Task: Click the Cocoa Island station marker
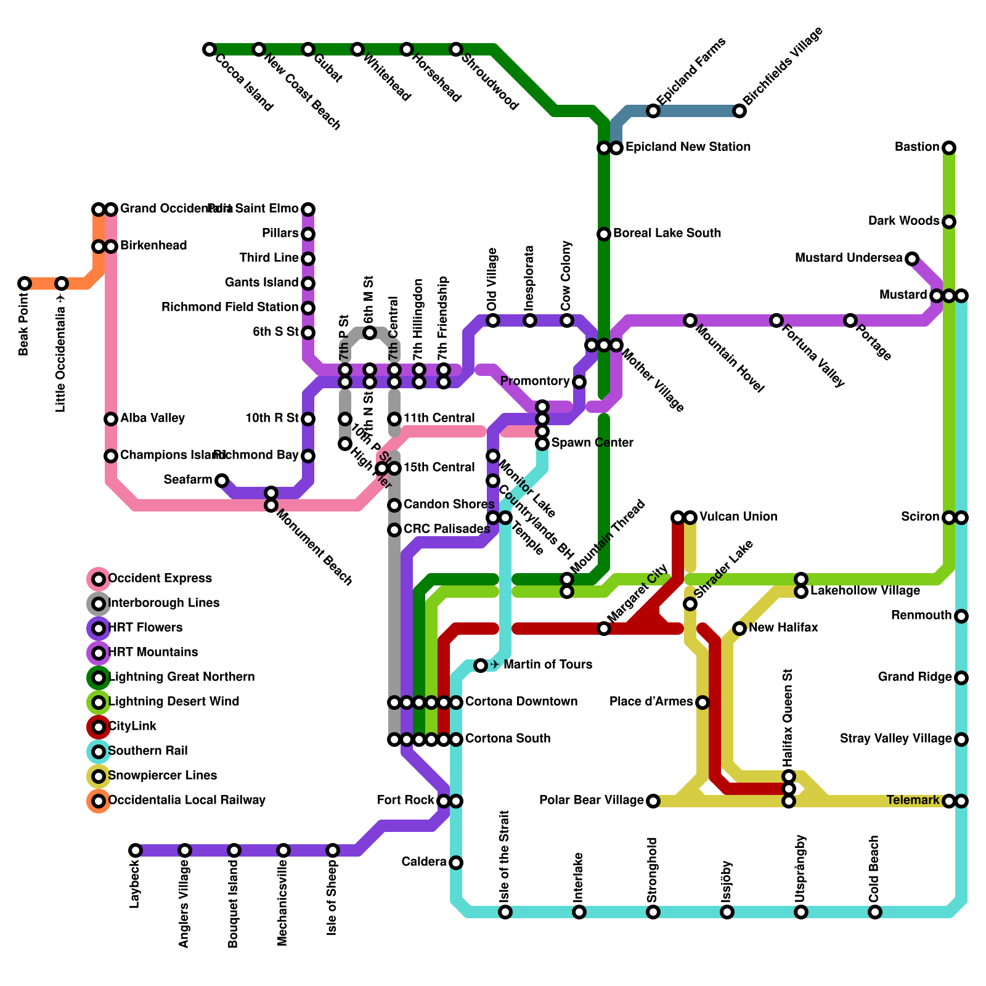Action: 210,49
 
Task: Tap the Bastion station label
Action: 917,147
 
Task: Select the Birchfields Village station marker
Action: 739,111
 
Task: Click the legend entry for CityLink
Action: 132,727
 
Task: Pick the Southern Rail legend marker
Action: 99,751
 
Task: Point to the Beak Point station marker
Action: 25,283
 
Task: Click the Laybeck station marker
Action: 136,850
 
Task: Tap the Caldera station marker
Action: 456,863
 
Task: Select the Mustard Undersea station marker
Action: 912,259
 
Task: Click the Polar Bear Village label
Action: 591,801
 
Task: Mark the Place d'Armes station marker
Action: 703,703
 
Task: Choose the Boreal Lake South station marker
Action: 604,234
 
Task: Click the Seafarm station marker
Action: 222,481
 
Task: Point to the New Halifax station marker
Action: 739,629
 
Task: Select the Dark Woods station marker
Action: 949,222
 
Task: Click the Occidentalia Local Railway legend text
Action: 187,801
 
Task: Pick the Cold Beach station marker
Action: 875,912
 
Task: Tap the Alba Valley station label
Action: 152,418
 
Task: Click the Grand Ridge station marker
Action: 961,678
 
